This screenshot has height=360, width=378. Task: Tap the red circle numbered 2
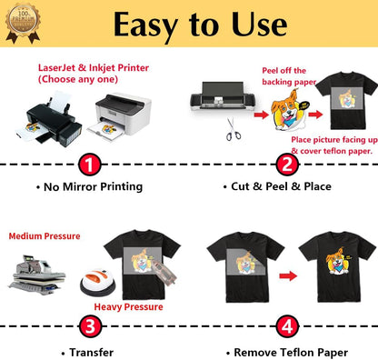coord(286,165)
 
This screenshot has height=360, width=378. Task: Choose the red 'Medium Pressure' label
coord(45,235)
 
